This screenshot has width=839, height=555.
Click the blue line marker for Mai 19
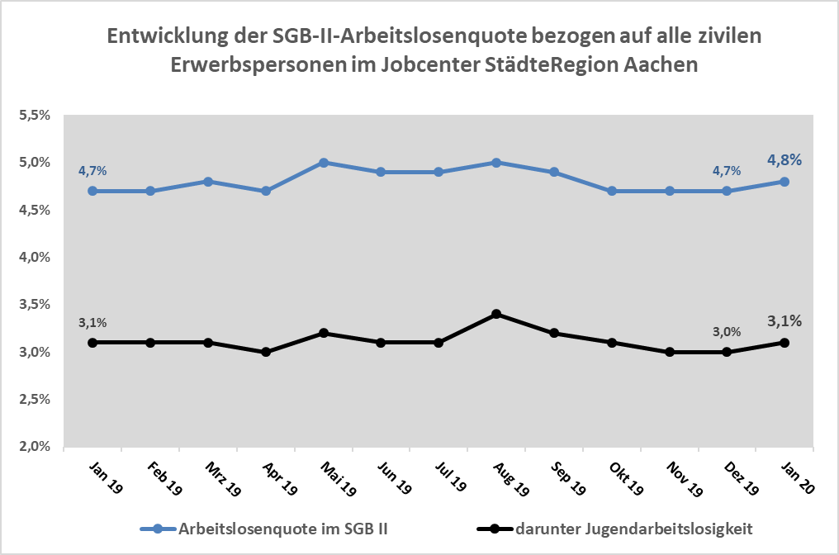[x=324, y=163]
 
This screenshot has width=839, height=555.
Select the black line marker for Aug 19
[x=496, y=314]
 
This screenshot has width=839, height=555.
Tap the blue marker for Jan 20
[x=784, y=182]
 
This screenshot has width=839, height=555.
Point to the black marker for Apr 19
[x=266, y=352]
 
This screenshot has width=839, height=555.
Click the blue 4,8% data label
[x=784, y=160]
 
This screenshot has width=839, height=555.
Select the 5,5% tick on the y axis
[x=36, y=116]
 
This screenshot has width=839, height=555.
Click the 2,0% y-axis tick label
[x=36, y=447]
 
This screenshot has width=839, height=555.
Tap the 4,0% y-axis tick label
[x=36, y=258]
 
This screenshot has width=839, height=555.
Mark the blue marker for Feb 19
[x=150, y=191]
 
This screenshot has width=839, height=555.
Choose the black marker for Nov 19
[x=669, y=352]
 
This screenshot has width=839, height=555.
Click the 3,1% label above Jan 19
[x=92, y=322]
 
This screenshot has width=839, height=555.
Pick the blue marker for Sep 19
[x=554, y=172]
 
